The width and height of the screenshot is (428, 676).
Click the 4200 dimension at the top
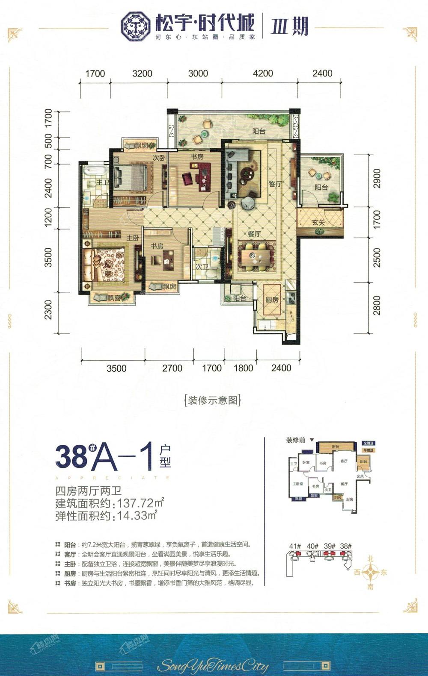click(263, 73)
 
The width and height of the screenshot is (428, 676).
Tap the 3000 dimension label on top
click(198, 73)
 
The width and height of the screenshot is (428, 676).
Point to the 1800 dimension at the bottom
click(244, 368)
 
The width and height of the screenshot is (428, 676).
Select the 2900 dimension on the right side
click(377, 179)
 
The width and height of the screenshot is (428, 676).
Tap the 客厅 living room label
click(276, 184)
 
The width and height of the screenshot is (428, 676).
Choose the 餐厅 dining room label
click(254, 234)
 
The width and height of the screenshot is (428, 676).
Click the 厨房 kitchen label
click(272, 300)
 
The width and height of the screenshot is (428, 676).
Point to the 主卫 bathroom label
click(102, 182)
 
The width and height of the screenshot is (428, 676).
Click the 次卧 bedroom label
click(159, 158)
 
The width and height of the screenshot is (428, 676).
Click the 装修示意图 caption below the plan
click(212, 400)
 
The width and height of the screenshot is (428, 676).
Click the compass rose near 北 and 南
click(371, 572)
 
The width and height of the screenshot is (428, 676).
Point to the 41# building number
click(295, 546)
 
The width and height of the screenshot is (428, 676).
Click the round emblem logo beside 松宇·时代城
click(136, 26)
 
